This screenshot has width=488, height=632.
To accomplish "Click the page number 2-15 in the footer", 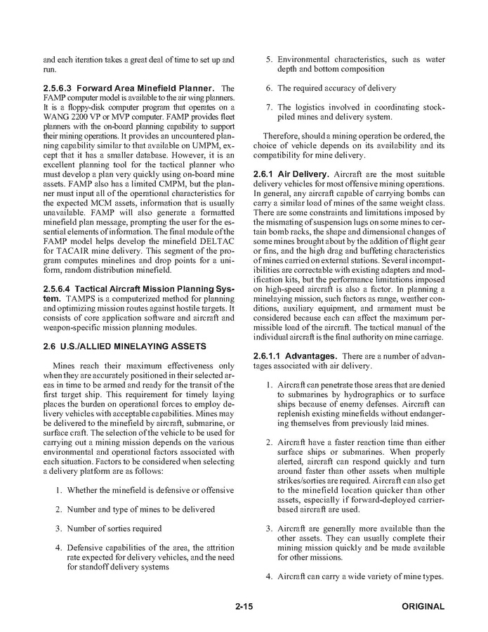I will pyautogui.click(x=243, y=607).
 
